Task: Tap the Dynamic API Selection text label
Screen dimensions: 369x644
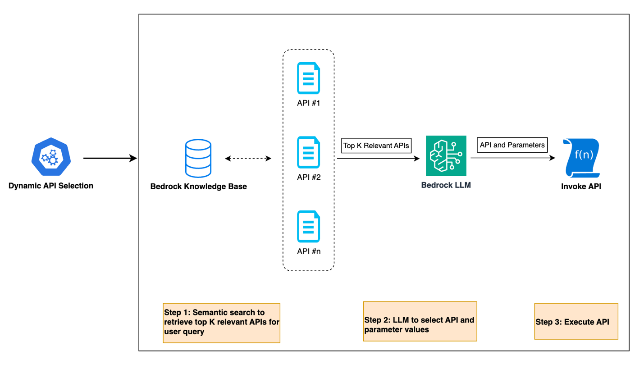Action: pos(51,185)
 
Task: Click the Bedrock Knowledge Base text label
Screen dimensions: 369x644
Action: pos(199,187)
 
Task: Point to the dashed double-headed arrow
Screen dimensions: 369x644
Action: pos(248,158)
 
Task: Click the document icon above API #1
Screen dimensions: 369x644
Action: pos(308,78)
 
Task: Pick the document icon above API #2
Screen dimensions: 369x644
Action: pos(308,153)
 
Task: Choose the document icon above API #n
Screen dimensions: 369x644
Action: pos(308,228)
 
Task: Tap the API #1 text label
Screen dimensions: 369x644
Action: pos(309,103)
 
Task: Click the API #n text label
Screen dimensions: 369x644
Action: pos(309,251)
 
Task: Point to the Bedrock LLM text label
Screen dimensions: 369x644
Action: pos(446,185)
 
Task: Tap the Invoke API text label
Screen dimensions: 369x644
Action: pos(581,187)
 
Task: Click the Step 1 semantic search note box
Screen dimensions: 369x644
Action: pos(221,323)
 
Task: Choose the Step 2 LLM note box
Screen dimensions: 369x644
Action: pos(420,321)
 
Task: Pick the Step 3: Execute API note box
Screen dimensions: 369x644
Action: pos(576,321)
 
